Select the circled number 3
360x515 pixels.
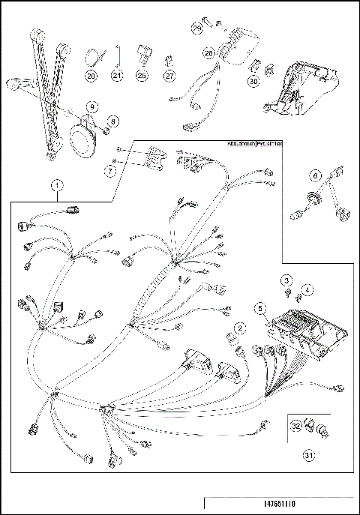[x=286, y=280]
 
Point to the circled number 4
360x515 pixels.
[x=307, y=289]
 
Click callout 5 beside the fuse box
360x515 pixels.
[x=259, y=308]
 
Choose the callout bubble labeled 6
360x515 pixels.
[x=316, y=175]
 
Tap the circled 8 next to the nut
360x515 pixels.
[x=113, y=121]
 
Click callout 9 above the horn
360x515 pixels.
[x=91, y=107]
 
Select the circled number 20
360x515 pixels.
[x=91, y=76]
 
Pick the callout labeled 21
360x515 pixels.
[x=116, y=76]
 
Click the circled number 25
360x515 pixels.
[x=142, y=76]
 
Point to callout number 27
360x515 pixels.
[x=169, y=76]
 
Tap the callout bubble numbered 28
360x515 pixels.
[x=209, y=54]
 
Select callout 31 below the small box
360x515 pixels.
[x=308, y=454]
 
